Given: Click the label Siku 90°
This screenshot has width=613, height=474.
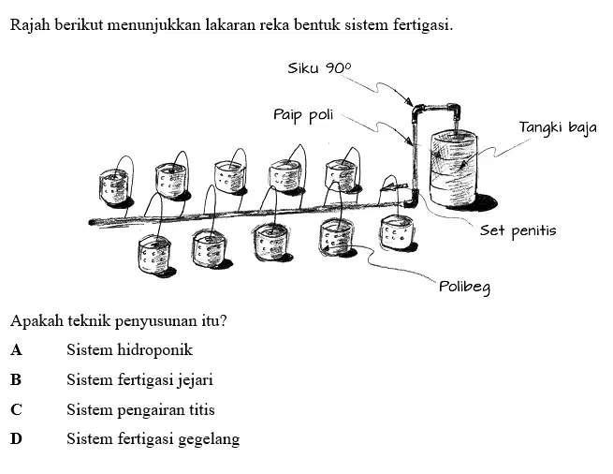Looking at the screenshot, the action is (x=319, y=68).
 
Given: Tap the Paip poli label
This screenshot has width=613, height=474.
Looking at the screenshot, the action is (x=303, y=115).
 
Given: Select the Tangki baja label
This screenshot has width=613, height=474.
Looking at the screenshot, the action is (x=558, y=128).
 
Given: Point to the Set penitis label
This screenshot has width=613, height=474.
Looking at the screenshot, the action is (x=518, y=230).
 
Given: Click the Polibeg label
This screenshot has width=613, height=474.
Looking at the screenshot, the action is (x=464, y=287).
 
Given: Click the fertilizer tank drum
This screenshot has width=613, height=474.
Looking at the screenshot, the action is (x=454, y=170).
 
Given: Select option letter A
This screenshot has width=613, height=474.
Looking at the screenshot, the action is (x=16, y=350).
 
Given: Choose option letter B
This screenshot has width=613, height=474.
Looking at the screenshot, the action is (x=16, y=379).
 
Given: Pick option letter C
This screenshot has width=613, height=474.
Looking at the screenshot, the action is (x=16, y=409).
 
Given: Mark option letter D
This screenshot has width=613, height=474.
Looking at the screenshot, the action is (x=16, y=438).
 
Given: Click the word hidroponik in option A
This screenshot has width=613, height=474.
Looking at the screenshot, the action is (x=155, y=350).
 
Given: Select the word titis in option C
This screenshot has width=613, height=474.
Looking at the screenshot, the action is (x=202, y=409).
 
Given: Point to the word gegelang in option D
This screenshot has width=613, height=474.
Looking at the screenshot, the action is (x=209, y=439).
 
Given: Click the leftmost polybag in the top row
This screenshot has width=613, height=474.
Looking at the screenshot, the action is (x=114, y=186).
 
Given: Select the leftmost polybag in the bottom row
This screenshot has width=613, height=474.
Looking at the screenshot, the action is (x=154, y=255).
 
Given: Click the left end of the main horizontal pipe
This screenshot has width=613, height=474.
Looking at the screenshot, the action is (x=91, y=223).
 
